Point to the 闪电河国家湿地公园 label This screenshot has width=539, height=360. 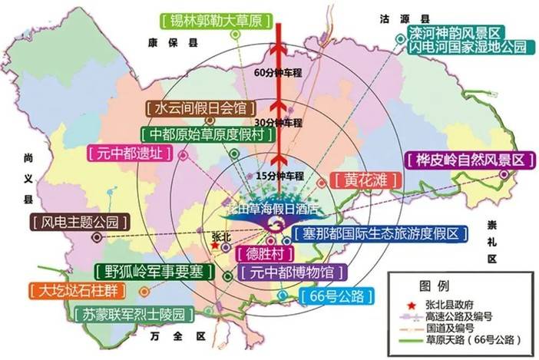[x=468, y=47]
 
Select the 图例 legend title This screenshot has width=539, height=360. [x=437, y=286]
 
